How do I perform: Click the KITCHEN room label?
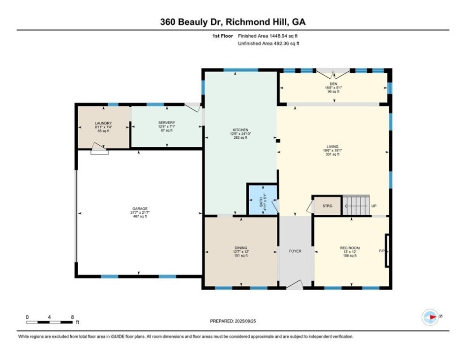point(240,130)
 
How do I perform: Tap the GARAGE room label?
point(140,209)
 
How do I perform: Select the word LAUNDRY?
point(104,123)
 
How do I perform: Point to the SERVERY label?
point(167,123)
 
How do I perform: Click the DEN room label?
point(333,84)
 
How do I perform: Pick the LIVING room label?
point(333,147)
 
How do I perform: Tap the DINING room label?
point(241,248)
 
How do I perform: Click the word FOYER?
point(295,251)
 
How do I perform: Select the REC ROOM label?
point(350,248)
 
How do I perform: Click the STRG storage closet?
point(327,206)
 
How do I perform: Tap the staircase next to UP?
point(356,205)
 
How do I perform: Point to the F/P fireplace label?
point(382,251)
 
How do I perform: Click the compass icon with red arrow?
point(430,317)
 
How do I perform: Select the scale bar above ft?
point(49,322)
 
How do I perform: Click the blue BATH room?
point(263,200)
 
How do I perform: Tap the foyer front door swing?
point(295,284)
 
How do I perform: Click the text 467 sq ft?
point(140,216)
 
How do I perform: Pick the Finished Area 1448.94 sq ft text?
point(268,36)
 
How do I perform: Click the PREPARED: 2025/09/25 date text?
point(233,321)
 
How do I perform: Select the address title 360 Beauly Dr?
point(191,22)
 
